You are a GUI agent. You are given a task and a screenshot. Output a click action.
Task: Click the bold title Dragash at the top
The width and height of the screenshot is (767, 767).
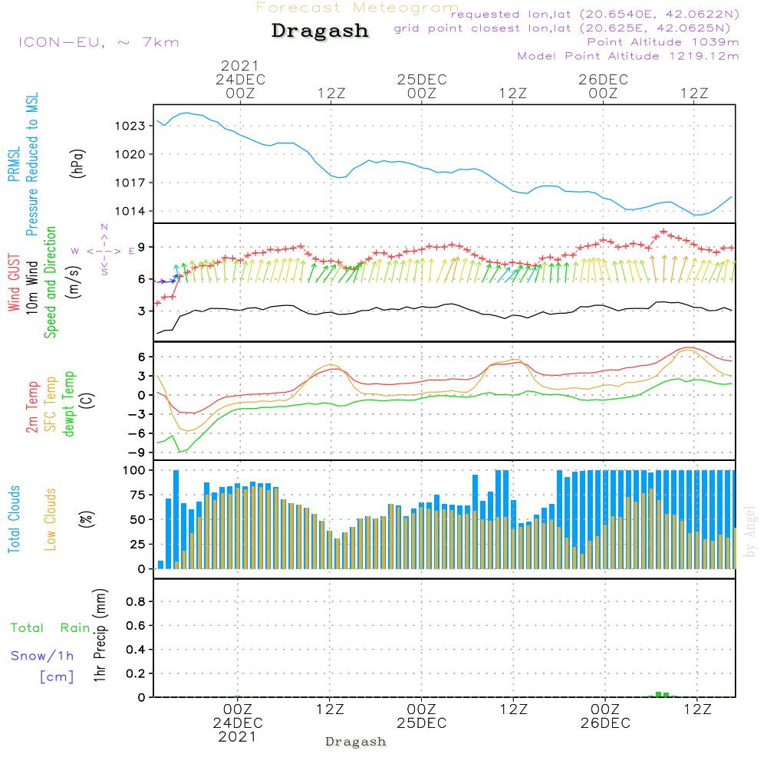[320, 31]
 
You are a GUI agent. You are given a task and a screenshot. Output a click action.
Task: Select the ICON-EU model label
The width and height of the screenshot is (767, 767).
[61, 42]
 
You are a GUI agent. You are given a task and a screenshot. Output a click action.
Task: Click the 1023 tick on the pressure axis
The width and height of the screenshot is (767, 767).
[130, 127]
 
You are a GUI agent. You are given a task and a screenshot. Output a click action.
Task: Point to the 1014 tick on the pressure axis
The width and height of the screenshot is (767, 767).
[130, 212]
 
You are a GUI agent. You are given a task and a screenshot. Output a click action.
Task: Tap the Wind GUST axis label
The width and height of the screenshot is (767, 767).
[14, 282]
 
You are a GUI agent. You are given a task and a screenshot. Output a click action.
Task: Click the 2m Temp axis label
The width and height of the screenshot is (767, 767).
[31, 407]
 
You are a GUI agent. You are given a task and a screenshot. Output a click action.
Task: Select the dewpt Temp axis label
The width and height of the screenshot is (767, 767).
[68, 403]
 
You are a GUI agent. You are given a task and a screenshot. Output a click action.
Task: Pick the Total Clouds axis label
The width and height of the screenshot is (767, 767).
[14, 519]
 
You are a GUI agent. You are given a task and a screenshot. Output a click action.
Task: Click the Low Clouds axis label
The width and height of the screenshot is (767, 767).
[50, 519]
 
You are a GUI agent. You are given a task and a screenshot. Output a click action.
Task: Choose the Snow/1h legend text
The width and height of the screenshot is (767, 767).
[42, 656]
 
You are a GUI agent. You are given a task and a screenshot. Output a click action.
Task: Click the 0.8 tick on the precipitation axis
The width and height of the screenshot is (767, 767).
[136, 601]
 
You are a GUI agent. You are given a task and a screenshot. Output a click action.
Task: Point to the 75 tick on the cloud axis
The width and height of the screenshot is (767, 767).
[137, 495]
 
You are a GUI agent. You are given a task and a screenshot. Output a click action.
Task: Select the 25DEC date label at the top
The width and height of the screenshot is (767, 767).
[422, 80]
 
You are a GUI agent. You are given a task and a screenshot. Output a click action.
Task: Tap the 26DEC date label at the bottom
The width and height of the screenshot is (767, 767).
[605, 723]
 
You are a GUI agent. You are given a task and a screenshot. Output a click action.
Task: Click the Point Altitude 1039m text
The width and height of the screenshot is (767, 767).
[663, 42]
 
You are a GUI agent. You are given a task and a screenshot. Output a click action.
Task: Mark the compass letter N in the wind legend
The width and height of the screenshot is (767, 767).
[104, 227]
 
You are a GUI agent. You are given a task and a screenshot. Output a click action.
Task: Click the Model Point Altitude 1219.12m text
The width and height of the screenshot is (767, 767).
[628, 56]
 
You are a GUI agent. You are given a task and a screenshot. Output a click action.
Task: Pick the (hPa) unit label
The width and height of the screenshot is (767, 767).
[77, 163]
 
